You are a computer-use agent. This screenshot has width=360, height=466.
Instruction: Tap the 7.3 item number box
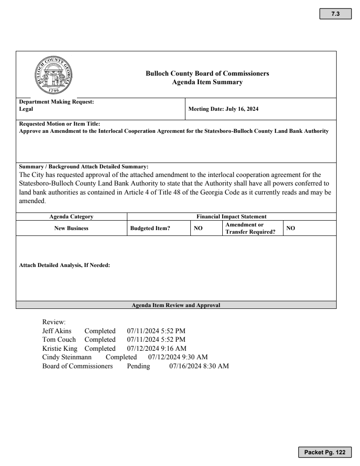[335, 14]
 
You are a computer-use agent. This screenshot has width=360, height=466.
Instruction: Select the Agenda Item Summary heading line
[207, 82]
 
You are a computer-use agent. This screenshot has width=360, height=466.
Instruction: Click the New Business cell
[71, 228]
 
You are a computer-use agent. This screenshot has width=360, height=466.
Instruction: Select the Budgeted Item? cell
[150, 228]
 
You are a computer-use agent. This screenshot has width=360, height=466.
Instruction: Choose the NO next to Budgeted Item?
[198, 228]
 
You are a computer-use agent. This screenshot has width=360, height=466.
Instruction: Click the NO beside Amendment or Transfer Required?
[291, 228]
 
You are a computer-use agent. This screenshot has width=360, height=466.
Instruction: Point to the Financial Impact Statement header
[231, 217]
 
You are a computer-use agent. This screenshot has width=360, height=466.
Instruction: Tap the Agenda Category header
[71, 217]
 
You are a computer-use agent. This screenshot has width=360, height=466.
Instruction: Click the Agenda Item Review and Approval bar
[176, 305]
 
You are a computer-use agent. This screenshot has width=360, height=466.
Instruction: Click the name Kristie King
[60, 348]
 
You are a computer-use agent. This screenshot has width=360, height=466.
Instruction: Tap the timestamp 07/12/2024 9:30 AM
[178, 357]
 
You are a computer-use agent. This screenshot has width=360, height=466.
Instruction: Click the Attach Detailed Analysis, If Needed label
[65, 265]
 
